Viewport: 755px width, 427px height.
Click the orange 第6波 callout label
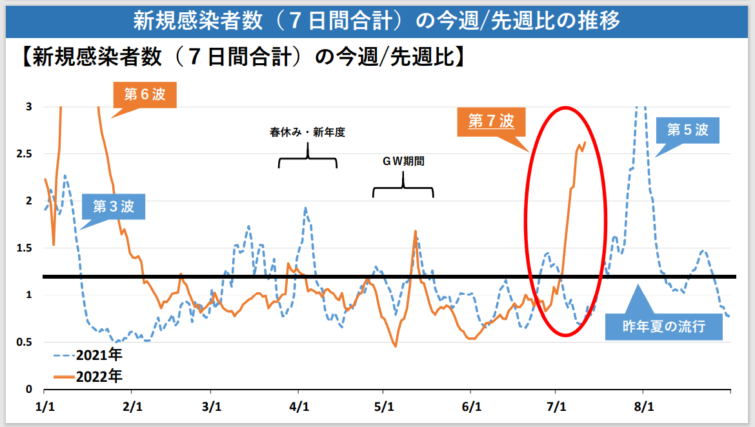coord(145,95)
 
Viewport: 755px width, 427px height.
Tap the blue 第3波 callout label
coord(114,206)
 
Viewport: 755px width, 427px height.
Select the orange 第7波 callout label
coord(491,121)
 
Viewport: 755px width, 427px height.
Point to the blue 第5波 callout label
coord(687,130)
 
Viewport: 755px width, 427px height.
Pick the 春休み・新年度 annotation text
coord(308,134)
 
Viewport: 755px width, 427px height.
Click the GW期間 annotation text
coord(403,162)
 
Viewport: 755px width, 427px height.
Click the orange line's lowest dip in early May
coord(395,346)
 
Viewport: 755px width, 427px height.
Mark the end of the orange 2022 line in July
coord(585,143)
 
